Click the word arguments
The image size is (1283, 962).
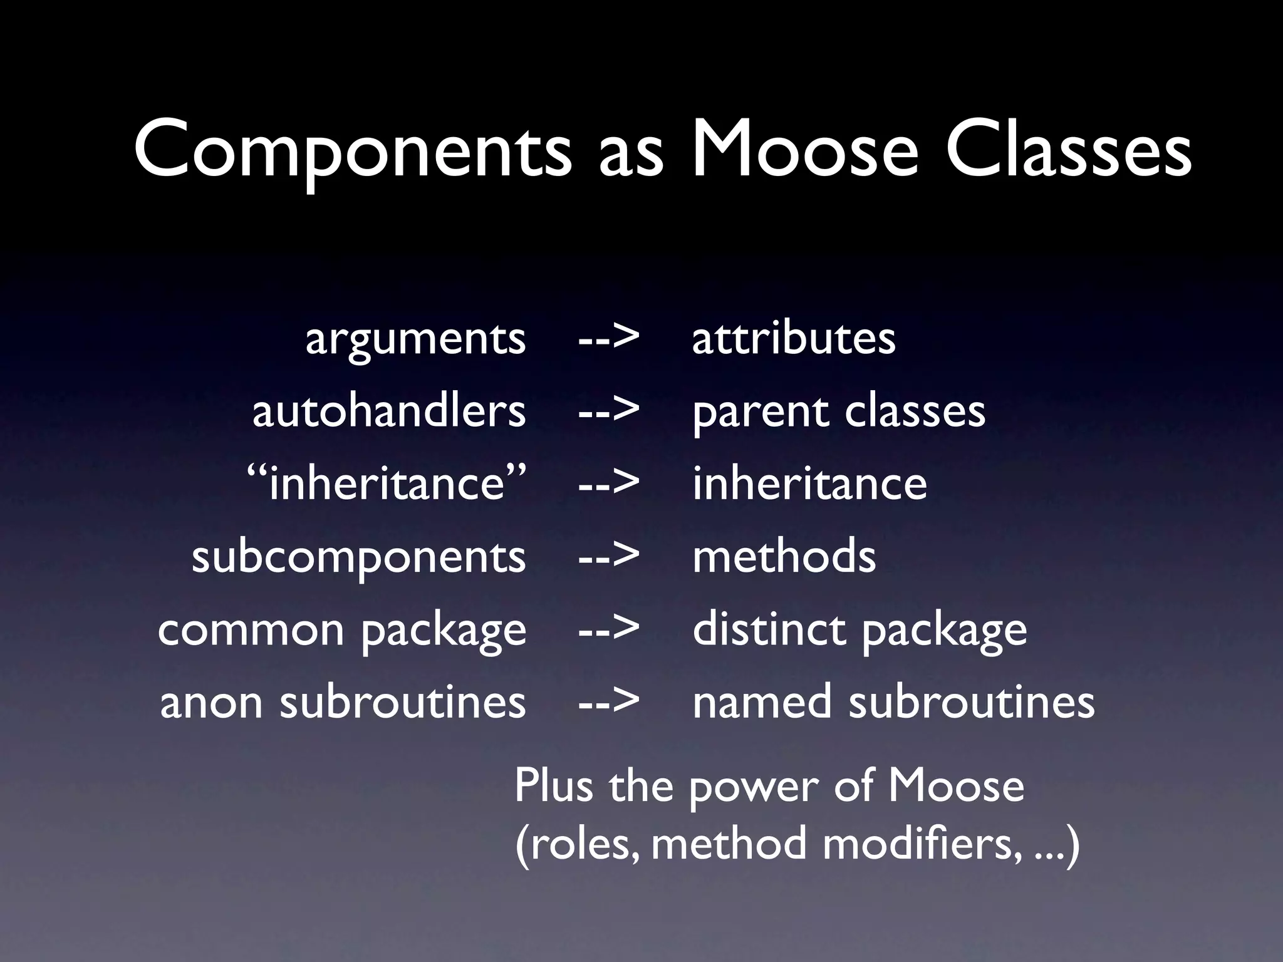click(x=415, y=340)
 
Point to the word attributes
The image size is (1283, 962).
click(x=794, y=339)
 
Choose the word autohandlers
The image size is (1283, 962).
click(x=388, y=411)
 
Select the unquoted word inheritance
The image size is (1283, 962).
click(x=809, y=484)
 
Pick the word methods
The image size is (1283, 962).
click(x=784, y=556)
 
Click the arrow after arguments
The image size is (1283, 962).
click(x=608, y=339)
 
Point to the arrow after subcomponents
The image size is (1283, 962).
click(x=608, y=556)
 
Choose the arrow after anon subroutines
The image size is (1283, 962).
click(x=608, y=701)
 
